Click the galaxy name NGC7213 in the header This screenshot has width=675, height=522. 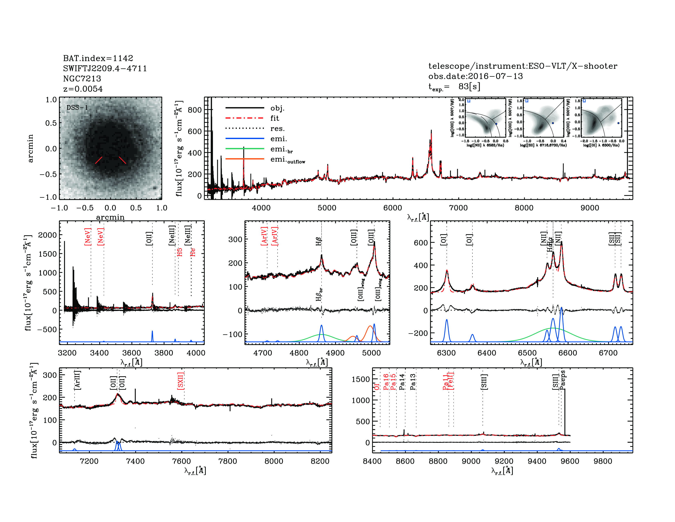[x=82, y=79]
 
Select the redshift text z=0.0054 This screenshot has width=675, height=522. [x=83, y=89]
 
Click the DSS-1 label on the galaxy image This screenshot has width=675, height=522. [x=77, y=108]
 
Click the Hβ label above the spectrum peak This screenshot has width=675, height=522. [x=319, y=241]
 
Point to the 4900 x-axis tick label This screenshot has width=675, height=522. [x=335, y=353]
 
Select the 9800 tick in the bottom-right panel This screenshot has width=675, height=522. [x=603, y=461]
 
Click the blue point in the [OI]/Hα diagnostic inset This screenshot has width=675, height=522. [x=618, y=123]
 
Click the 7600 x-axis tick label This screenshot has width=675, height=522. [x=181, y=461]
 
